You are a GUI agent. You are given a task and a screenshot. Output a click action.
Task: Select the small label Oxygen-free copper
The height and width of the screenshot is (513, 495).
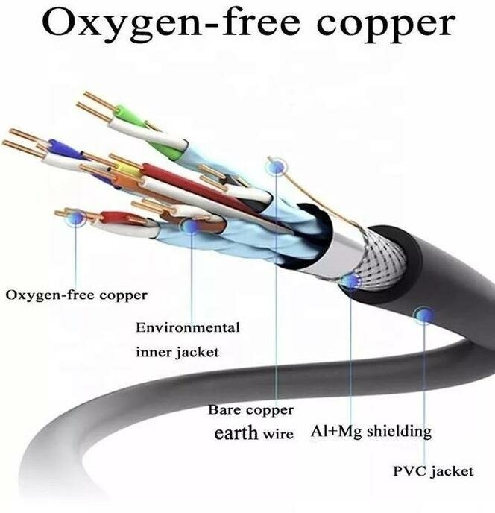pos(77,295)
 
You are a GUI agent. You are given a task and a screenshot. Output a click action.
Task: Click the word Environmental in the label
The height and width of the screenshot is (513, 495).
pos(188,327)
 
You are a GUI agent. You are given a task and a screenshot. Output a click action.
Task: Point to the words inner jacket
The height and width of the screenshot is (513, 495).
pos(177,351)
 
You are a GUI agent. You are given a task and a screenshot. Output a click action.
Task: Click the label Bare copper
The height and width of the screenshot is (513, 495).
pos(250,409)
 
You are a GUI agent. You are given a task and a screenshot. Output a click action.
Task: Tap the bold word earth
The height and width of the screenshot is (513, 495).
pos(236,432)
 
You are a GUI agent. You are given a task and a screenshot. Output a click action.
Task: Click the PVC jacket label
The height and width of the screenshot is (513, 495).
pos(433,471)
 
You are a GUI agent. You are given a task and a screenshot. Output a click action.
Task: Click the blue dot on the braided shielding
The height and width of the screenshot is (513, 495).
pos(350,281)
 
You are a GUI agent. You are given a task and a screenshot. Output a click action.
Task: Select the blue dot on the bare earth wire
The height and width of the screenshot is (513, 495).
pos(277,167)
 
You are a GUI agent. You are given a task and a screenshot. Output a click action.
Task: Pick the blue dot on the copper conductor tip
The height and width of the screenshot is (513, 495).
pos(75,218)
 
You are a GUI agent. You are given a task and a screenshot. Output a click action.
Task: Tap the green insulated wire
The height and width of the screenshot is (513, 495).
pos(130,116)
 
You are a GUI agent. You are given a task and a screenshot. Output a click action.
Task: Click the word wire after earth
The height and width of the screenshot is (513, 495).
pos(277,433)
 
